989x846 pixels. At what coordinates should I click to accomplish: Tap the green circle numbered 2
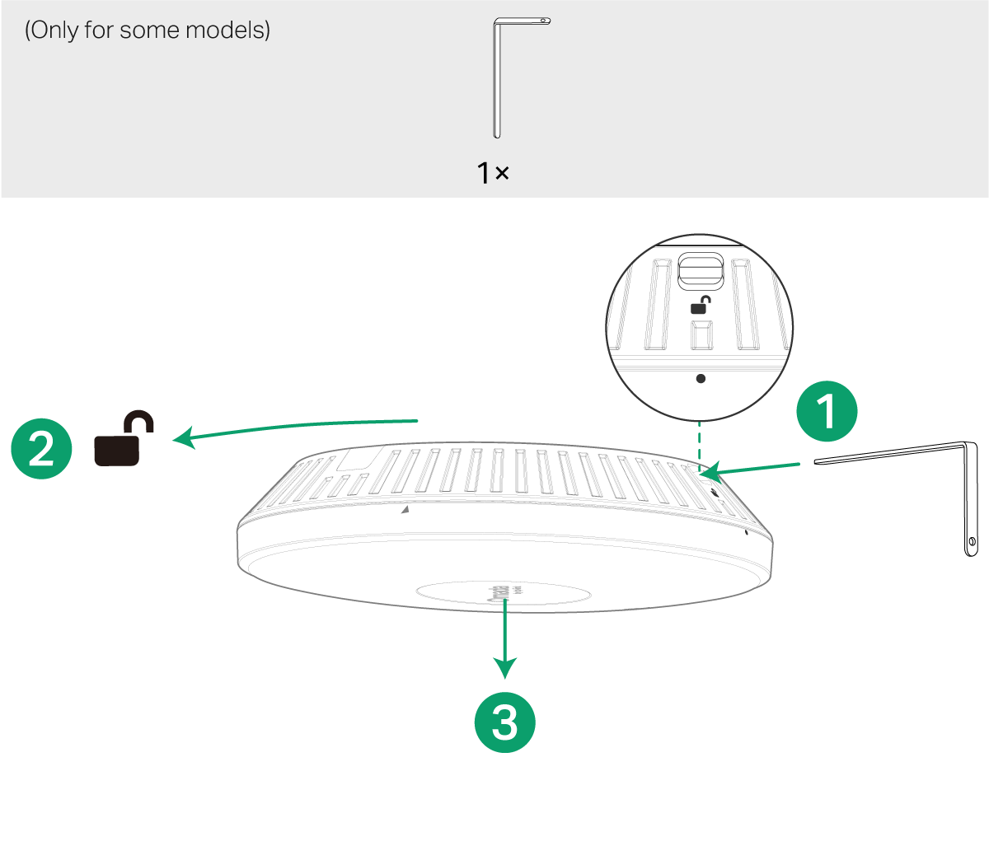coord(41,450)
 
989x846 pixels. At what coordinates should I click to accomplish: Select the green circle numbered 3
coord(504,723)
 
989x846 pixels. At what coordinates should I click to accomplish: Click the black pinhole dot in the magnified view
coord(701,379)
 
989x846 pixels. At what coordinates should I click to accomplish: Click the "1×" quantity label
coord(493,173)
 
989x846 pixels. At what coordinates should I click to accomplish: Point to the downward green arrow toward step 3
coord(504,634)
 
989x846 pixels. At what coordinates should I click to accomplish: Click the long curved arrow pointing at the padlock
coord(297,427)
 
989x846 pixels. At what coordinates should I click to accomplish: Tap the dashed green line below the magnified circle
coord(699,445)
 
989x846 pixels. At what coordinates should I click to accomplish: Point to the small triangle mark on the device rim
coord(403,511)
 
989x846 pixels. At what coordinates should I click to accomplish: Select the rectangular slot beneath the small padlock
coord(700,338)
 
